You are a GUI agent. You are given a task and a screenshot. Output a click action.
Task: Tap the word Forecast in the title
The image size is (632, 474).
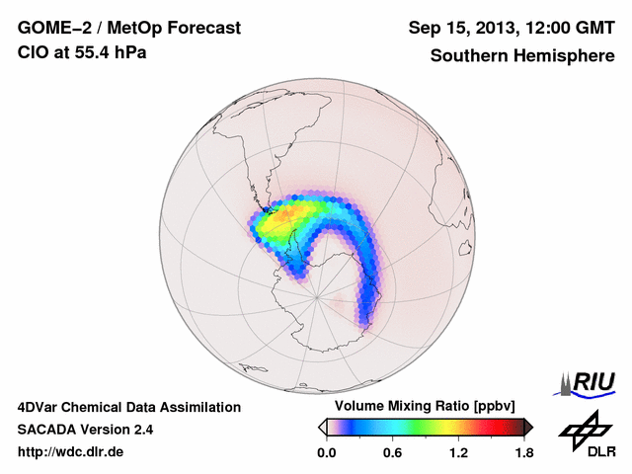click(204, 29)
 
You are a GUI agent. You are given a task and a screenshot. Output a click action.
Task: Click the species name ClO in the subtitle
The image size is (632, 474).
click(33, 52)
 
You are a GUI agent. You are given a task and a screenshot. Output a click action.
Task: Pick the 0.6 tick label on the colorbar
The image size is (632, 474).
click(393, 452)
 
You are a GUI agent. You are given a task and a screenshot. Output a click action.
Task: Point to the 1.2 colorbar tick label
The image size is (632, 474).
click(458, 452)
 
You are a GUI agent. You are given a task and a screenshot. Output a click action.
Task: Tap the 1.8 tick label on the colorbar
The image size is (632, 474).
click(523, 452)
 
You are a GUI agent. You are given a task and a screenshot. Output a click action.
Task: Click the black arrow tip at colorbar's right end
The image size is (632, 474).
click(528, 427)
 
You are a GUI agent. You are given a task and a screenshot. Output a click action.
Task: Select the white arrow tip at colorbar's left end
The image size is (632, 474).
click(322, 427)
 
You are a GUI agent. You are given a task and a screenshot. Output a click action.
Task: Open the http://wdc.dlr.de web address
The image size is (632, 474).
click(71, 452)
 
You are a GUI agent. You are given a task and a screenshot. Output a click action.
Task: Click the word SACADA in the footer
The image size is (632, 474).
click(47, 430)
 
